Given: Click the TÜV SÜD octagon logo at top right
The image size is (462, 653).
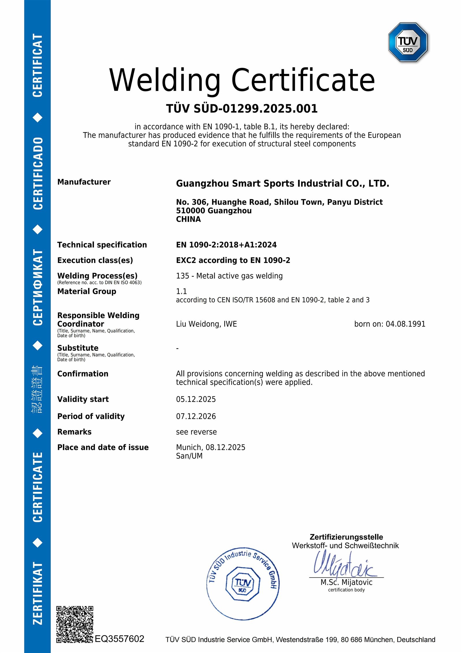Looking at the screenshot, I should click(x=408, y=42).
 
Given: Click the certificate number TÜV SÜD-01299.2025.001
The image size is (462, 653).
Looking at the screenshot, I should click(x=242, y=109).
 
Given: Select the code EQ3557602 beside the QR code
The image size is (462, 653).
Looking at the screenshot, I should click(x=120, y=639).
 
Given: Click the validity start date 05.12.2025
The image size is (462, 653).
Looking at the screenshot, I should click(x=196, y=399).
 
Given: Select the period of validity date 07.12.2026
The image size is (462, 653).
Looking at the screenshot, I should click(x=196, y=416).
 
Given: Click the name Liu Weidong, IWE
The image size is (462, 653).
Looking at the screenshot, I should click(x=206, y=324).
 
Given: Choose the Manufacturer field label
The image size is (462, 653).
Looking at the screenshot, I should click(x=84, y=182).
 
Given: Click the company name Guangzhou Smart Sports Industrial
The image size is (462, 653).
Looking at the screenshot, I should click(x=282, y=183).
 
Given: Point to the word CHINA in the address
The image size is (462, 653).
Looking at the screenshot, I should click(x=188, y=219).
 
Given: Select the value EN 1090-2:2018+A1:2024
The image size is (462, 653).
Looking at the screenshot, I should click(x=226, y=245).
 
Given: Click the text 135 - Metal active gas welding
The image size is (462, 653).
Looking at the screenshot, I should click(x=229, y=276).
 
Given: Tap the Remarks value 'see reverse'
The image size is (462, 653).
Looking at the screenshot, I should click(x=196, y=432).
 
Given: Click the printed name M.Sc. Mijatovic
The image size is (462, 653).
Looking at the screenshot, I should click(x=346, y=582).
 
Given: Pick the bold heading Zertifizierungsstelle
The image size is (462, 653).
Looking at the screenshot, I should click(x=346, y=537).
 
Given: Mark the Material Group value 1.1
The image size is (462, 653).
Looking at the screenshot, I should click(x=181, y=291).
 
